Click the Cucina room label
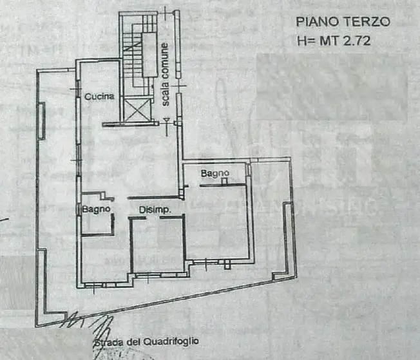tap(99, 97)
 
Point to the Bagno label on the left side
tap(97, 209)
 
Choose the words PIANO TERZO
tap(343, 21)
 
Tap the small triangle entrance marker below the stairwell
tap(167, 120)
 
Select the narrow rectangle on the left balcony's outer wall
tap(43, 121)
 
